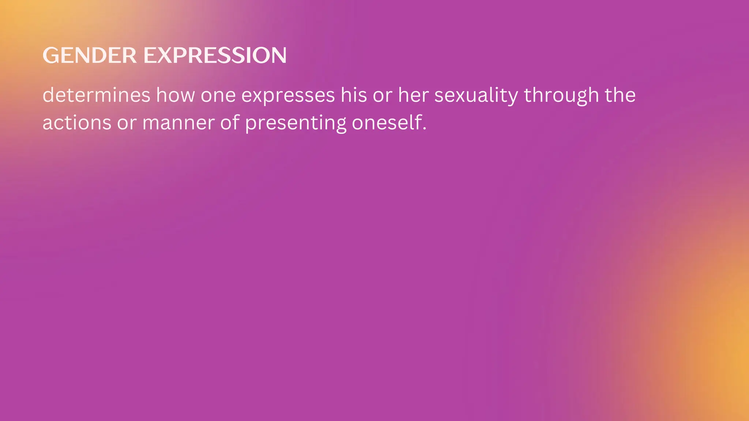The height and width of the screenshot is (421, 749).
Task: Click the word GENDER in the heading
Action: click(x=90, y=56)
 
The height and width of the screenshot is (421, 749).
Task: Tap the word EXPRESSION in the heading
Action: click(x=215, y=56)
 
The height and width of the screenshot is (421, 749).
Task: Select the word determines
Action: click(x=97, y=95)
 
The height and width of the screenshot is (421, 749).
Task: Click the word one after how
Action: click(x=218, y=96)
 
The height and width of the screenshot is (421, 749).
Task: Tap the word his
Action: click(x=354, y=95)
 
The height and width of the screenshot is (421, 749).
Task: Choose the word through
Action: click(x=561, y=96)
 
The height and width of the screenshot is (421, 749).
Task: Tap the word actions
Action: click(x=77, y=123)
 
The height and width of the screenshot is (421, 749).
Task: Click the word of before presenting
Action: click(x=230, y=123)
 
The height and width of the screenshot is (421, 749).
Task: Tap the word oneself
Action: click(x=387, y=123)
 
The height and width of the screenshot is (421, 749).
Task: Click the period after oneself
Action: click(x=425, y=129)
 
